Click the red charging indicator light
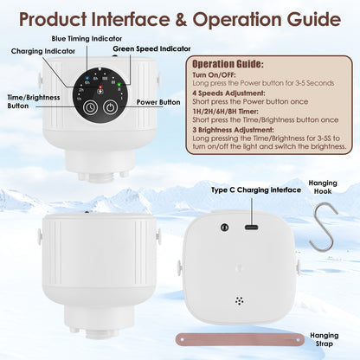point(100,87)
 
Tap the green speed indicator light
point(119,85)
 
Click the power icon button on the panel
point(111,107)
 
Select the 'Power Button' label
point(158,102)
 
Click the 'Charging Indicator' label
point(43,51)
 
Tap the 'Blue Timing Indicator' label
point(87,38)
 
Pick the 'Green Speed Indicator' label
point(151,48)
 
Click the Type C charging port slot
point(252,227)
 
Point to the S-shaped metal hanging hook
point(323,227)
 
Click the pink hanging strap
point(240,340)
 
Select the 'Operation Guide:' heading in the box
point(228,64)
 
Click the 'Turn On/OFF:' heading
point(214,75)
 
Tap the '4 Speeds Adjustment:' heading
point(228,93)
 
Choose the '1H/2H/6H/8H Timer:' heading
point(225,112)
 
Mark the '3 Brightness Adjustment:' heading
point(233,130)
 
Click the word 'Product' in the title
point(53,20)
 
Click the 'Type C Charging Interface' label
point(256,190)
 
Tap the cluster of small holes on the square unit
point(239,301)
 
